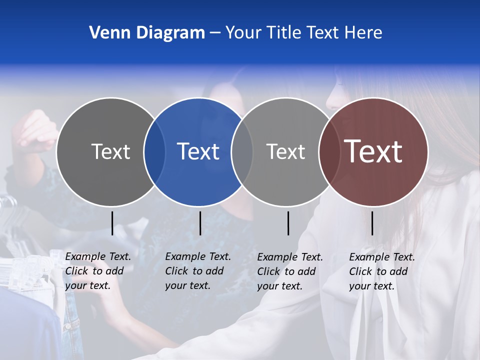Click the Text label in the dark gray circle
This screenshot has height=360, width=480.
pyautogui.click(x=110, y=151)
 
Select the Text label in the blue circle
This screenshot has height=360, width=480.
pyautogui.click(x=198, y=151)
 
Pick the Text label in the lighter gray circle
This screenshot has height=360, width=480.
pyautogui.click(x=285, y=151)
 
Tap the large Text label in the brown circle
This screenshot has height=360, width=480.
pyautogui.click(x=373, y=151)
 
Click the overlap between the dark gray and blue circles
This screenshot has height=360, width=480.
pyautogui.click(x=154, y=151)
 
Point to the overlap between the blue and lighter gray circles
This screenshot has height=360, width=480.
pyautogui.click(x=242, y=151)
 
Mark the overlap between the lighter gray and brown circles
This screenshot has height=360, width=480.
pyautogui.click(x=329, y=151)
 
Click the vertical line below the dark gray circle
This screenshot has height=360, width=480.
pyautogui.click(x=112, y=223)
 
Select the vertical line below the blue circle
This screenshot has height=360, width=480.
pyautogui.click(x=200, y=223)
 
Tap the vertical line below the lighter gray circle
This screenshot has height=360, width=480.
pyautogui.click(x=288, y=223)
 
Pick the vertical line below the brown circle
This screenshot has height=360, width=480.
pyautogui.click(x=372, y=223)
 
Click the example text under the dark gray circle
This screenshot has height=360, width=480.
pyautogui.click(x=97, y=271)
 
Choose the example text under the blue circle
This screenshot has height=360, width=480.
pyautogui.click(x=197, y=271)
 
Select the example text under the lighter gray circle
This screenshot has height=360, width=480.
pyautogui.click(x=289, y=271)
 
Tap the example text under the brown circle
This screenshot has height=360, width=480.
pyautogui.click(x=381, y=271)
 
